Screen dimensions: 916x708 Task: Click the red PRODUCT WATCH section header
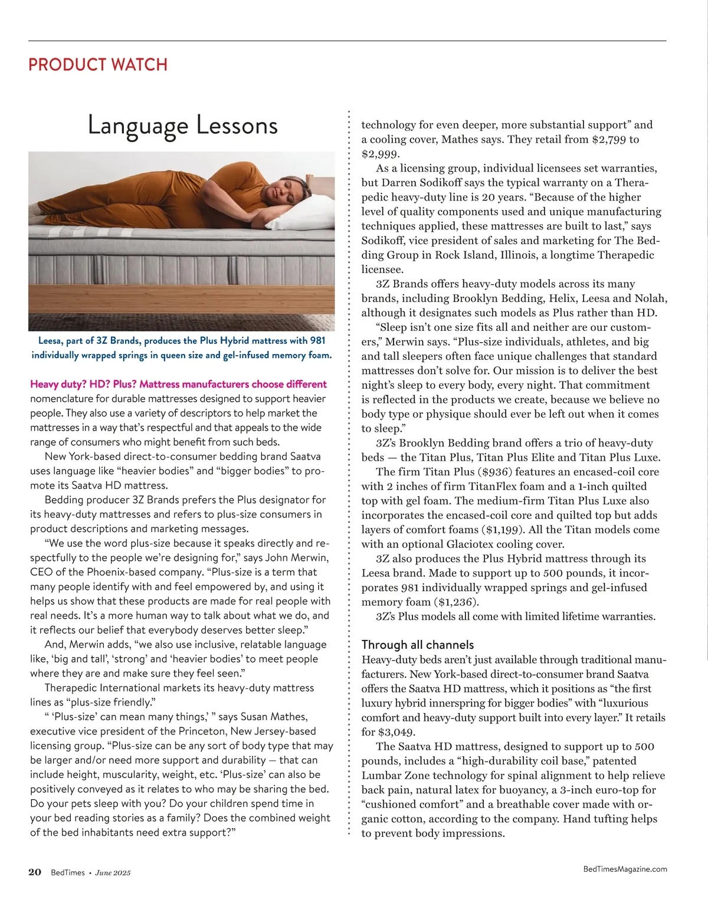[98, 64]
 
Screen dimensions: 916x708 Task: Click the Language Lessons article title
[182, 126]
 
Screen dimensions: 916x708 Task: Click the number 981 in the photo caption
[316, 341]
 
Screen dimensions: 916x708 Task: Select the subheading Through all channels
[417, 645]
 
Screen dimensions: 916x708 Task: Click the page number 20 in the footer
[35, 872]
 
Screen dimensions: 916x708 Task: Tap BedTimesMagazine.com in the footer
[625, 869]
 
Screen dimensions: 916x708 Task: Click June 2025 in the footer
[113, 873]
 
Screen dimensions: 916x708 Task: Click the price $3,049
[398, 732]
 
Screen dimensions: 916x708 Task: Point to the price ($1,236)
[456, 602]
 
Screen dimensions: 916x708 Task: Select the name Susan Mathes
[274, 717]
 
